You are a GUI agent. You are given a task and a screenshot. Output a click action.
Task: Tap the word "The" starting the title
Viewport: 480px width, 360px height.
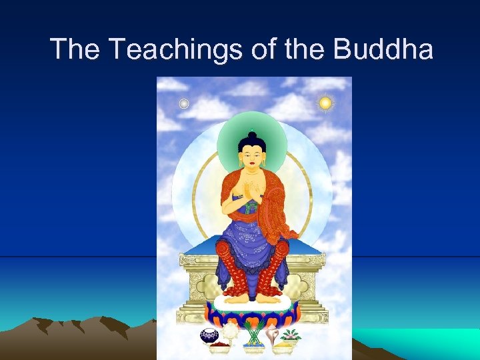(75, 49)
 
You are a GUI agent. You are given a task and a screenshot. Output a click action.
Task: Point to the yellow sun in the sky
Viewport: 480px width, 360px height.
(325, 103)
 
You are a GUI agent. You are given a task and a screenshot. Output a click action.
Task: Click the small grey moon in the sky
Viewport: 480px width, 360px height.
(185, 103)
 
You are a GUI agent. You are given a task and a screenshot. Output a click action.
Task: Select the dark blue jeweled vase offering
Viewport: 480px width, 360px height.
(209, 335)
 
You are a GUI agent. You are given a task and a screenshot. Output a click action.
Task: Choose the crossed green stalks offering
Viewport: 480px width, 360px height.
(252, 333)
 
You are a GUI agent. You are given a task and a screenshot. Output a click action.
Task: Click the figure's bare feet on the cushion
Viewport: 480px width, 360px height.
(252, 298)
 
